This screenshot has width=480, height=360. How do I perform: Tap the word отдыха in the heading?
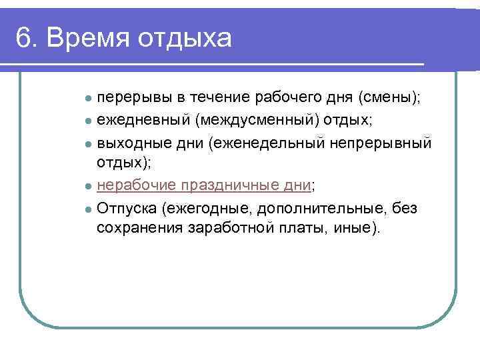click(x=185, y=39)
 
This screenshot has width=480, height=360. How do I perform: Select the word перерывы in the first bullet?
click(x=135, y=98)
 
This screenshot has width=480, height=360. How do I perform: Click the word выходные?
click(x=129, y=143)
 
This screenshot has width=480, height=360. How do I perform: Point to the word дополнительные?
click(x=315, y=208)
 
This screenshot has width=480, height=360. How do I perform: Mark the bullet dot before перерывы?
click(x=88, y=99)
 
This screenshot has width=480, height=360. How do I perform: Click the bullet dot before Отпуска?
click(x=88, y=209)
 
